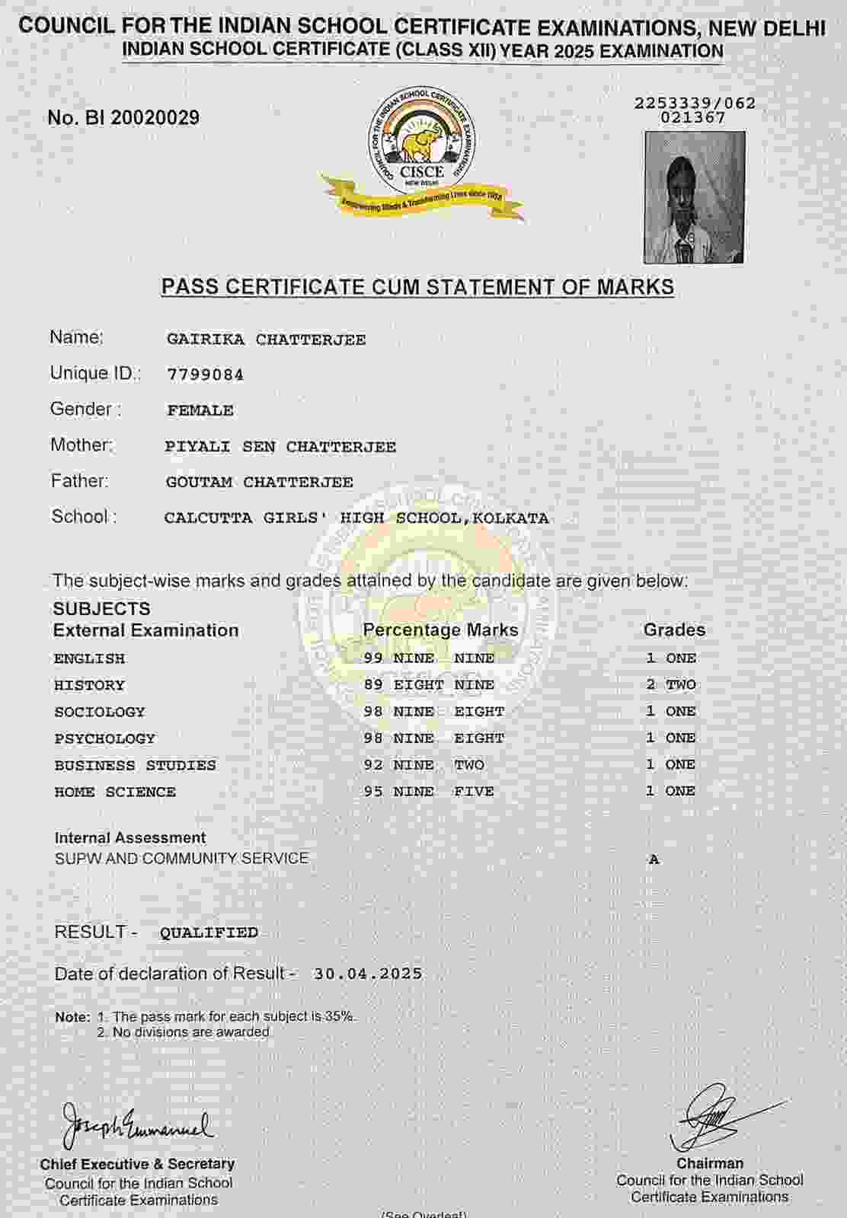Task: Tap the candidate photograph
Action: click(x=694, y=197)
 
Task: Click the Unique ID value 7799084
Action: click(x=205, y=375)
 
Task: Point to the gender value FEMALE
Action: click(x=200, y=410)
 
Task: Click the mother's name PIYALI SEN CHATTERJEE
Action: click(x=280, y=447)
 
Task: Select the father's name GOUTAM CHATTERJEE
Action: click(x=259, y=482)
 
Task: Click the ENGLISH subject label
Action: click(x=89, y=658)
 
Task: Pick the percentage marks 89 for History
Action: click(x=373, y=684)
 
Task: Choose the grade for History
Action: click(x=670, y=684)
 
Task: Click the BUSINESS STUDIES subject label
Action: click(x=135, y=765)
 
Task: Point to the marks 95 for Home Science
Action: click(x=373, y=792)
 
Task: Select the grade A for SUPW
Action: click(x=654, y=859)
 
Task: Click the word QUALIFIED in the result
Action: click(x=209, y=933)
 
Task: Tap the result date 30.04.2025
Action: click(x=367, y=974)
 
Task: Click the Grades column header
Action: click(x=674, y=630)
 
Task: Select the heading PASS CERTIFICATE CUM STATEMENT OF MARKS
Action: click(x=417, y=287)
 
